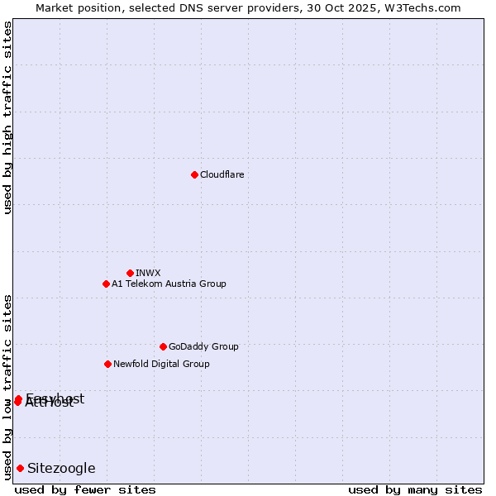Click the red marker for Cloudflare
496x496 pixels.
click(194, 174)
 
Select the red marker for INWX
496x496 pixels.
click(130, 273)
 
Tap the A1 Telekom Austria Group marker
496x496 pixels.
click(106, 284)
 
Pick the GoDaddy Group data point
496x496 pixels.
click(163, 346)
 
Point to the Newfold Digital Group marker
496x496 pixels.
click(107, 364)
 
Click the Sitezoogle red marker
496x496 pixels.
click(20, 468)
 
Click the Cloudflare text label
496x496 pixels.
click(222, 174)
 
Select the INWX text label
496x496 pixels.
click(148, 273)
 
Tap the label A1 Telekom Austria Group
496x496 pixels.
click(169, 284)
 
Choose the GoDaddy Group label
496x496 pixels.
click(203, 346)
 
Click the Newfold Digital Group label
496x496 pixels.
click(161, 364)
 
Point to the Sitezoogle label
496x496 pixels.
click(61, 468)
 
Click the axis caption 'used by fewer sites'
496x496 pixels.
click(85, 489)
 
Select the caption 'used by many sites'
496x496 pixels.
click(415, 489)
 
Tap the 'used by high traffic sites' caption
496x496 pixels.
click(7, 117)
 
